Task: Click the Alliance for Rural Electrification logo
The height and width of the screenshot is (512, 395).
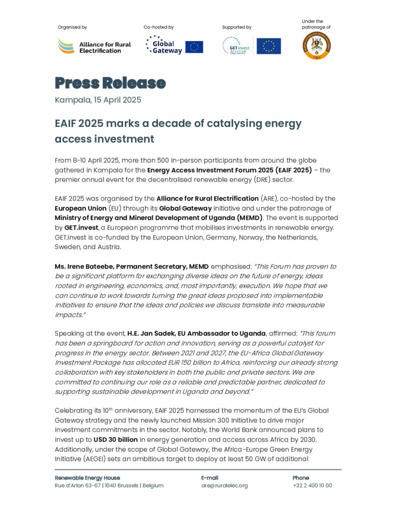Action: (x=94, y=46)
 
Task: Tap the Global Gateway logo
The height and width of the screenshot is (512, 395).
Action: (x=164, y=46)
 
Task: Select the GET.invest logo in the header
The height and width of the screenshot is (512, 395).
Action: (x=237, y=46)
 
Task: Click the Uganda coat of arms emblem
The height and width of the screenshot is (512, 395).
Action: (x=317, y=46)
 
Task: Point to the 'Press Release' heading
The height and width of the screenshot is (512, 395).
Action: (x=110, y=82)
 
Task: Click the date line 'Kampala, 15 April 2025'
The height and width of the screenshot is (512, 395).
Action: (x=98, y=99)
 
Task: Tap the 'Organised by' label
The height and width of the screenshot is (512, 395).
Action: (x=72, y=27)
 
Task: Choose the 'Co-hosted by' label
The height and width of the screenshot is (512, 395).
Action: (x=158, y=27)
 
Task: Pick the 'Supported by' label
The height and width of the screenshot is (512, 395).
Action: (x=237, y=27)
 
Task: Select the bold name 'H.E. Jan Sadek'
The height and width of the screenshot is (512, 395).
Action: (x=151, y=333)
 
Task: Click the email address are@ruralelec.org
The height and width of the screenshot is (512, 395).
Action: (x=224, y=485)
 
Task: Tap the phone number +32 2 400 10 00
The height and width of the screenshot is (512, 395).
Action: (x=312, y=485)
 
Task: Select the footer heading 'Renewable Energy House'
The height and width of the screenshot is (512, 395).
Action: (x=87, y=477)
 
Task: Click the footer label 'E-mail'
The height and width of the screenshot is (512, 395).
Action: (x=210, y=477)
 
